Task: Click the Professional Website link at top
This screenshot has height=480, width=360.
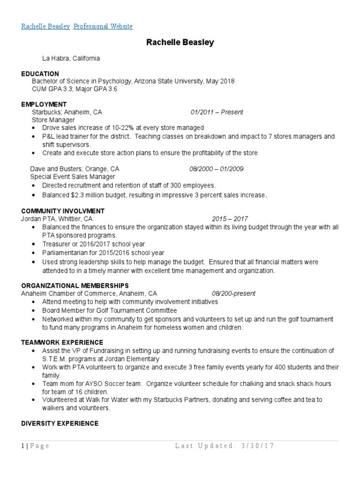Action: [103, 26]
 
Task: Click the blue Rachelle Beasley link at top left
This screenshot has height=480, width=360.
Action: [45, 26]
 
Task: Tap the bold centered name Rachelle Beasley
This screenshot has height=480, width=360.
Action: [180, 43]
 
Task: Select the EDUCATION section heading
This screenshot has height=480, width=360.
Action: [40, 74]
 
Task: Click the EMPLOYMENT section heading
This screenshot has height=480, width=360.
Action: [44, 104]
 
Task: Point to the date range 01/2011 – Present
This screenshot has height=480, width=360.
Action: [217, 112]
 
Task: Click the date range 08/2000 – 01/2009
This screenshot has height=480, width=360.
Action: [216, 169]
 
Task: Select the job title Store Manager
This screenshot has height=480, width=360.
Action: [53, 120]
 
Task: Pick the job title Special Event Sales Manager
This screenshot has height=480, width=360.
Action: [73, 177]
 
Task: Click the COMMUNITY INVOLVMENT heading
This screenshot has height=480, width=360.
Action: [63, 211]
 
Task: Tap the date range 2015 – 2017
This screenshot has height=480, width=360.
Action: [230, 219]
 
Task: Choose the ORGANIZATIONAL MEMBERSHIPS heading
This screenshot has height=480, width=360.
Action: [75, 285]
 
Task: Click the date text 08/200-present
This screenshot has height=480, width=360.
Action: [233, 293]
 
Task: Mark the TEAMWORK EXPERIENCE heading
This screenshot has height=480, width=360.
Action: [62, 342]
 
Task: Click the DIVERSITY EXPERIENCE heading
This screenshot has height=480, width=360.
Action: [60, 423]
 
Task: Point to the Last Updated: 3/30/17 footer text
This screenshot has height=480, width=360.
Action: [224, 446]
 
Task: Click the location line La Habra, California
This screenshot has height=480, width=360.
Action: [71, 59]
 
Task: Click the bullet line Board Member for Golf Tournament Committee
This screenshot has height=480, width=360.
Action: [109, 310]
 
